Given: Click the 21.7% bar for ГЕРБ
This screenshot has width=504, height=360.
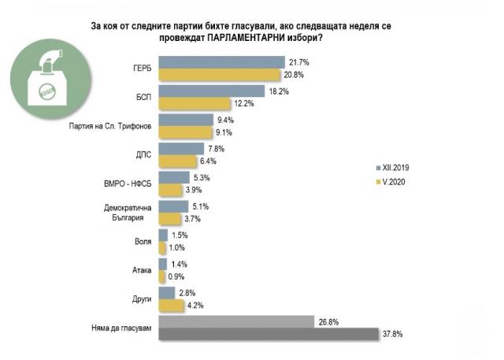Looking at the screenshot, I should tap(221, 61).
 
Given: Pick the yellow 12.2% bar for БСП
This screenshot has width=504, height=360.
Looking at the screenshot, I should tap(194, 104).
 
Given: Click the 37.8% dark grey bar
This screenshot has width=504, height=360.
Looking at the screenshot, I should tap(269, 333).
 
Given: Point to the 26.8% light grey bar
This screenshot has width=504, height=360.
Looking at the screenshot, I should tap(236, 321).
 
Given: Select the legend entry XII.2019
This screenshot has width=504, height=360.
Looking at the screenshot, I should tap(393, 168).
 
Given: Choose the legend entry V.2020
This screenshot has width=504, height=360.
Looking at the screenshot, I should tap(391, 183).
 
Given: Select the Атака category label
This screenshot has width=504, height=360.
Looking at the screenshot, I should tap(142, 270).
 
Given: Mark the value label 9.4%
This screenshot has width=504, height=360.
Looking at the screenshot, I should tap(225, 120).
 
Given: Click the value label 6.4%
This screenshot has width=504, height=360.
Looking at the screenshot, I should tap(208, 161).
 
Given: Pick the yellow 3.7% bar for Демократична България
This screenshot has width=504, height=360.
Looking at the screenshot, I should tap(169, 219).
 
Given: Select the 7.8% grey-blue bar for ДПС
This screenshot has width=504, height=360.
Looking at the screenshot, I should tap(182, 148).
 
